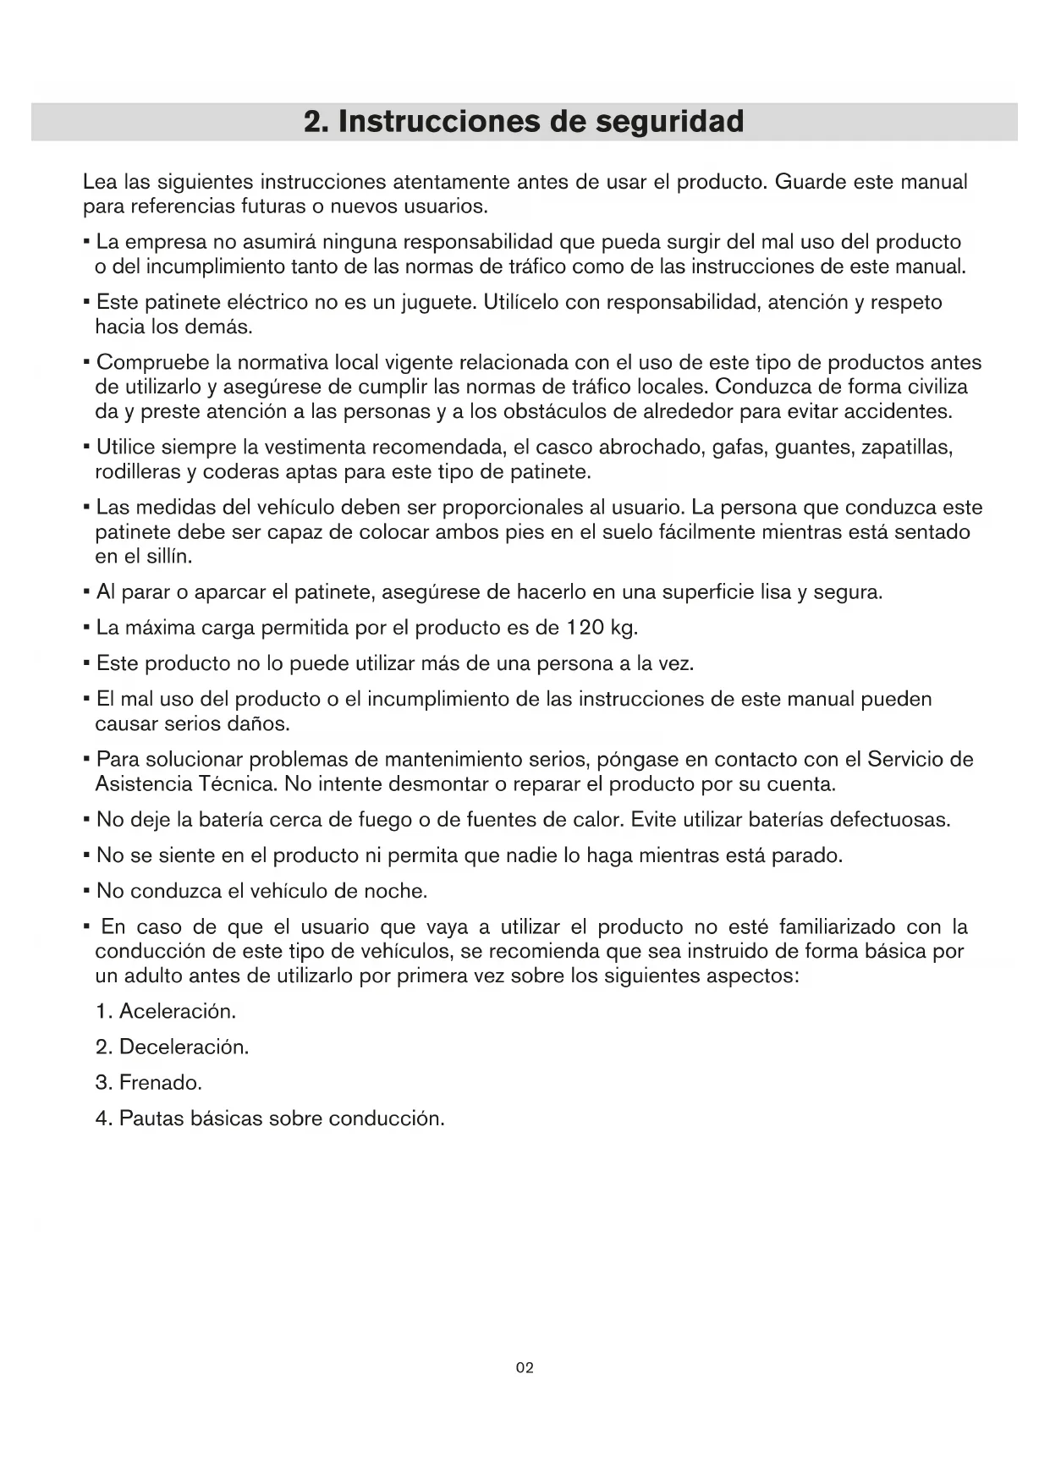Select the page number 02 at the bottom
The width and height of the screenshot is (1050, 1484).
coord(525,1368)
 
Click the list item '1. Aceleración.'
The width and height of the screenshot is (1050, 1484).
coord(166,1011)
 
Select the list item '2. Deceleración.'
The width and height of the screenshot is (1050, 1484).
coord(173,1047)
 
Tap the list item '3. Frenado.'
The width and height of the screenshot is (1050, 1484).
coord(149,1082)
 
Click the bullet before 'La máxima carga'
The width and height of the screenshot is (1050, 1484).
coord(87,629)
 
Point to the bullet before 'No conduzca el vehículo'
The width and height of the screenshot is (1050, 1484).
coord(87,892)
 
